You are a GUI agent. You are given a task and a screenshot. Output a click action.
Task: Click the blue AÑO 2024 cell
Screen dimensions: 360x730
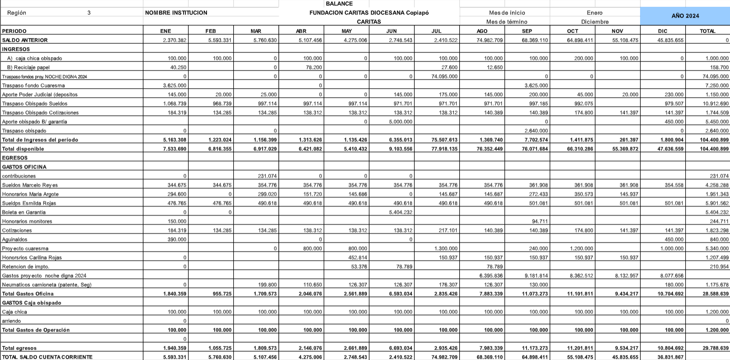685,16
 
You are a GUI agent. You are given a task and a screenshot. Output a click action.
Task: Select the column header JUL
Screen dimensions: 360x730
436,31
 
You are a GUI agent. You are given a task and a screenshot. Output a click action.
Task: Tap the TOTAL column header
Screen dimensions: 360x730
707,31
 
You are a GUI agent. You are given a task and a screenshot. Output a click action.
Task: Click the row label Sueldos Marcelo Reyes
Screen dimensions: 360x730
30,185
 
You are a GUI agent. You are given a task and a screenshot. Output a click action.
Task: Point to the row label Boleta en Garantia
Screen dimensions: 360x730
24,212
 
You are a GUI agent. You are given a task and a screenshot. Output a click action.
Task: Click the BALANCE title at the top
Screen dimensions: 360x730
339,4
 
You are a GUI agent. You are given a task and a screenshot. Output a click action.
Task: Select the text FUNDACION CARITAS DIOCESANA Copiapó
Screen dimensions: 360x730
369,13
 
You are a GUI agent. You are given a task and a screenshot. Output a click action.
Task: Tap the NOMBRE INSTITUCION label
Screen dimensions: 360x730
176,13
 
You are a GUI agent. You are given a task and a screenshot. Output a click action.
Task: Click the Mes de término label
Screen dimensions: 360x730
507,22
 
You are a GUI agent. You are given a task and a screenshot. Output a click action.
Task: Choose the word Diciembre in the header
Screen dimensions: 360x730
595,22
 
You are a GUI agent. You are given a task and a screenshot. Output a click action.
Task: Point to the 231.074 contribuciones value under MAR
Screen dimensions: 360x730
267,176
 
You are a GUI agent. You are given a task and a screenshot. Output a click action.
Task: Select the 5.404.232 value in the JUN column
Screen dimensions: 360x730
400,212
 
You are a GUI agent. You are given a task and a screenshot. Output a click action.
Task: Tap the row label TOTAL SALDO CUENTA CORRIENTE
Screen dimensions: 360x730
47,357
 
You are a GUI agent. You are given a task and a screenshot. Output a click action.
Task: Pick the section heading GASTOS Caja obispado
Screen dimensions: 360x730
32,303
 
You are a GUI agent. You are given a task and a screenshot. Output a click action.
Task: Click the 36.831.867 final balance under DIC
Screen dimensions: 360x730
671,357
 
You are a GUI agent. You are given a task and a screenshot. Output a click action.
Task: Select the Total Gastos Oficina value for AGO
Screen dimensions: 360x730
490,294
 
